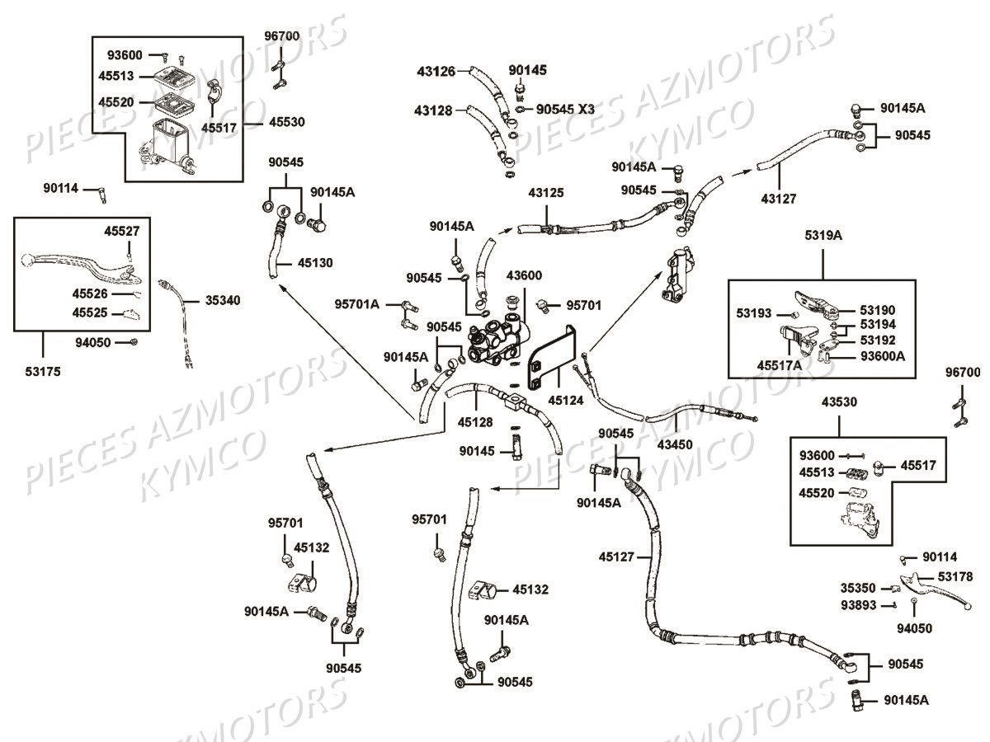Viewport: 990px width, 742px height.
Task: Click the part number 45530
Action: tap(286, 122)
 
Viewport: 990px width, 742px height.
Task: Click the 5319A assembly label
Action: tap(823, 235)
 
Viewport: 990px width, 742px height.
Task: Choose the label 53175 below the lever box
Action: tap(43, 372)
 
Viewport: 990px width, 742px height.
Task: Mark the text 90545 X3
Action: tap(565, 109)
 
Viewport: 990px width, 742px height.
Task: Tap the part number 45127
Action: tap(617, 556)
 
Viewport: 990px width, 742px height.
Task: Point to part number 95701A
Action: tap(357, 305)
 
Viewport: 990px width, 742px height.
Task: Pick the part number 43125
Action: tap(546, 193)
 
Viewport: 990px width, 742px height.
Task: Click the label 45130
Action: tap(314, 264)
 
